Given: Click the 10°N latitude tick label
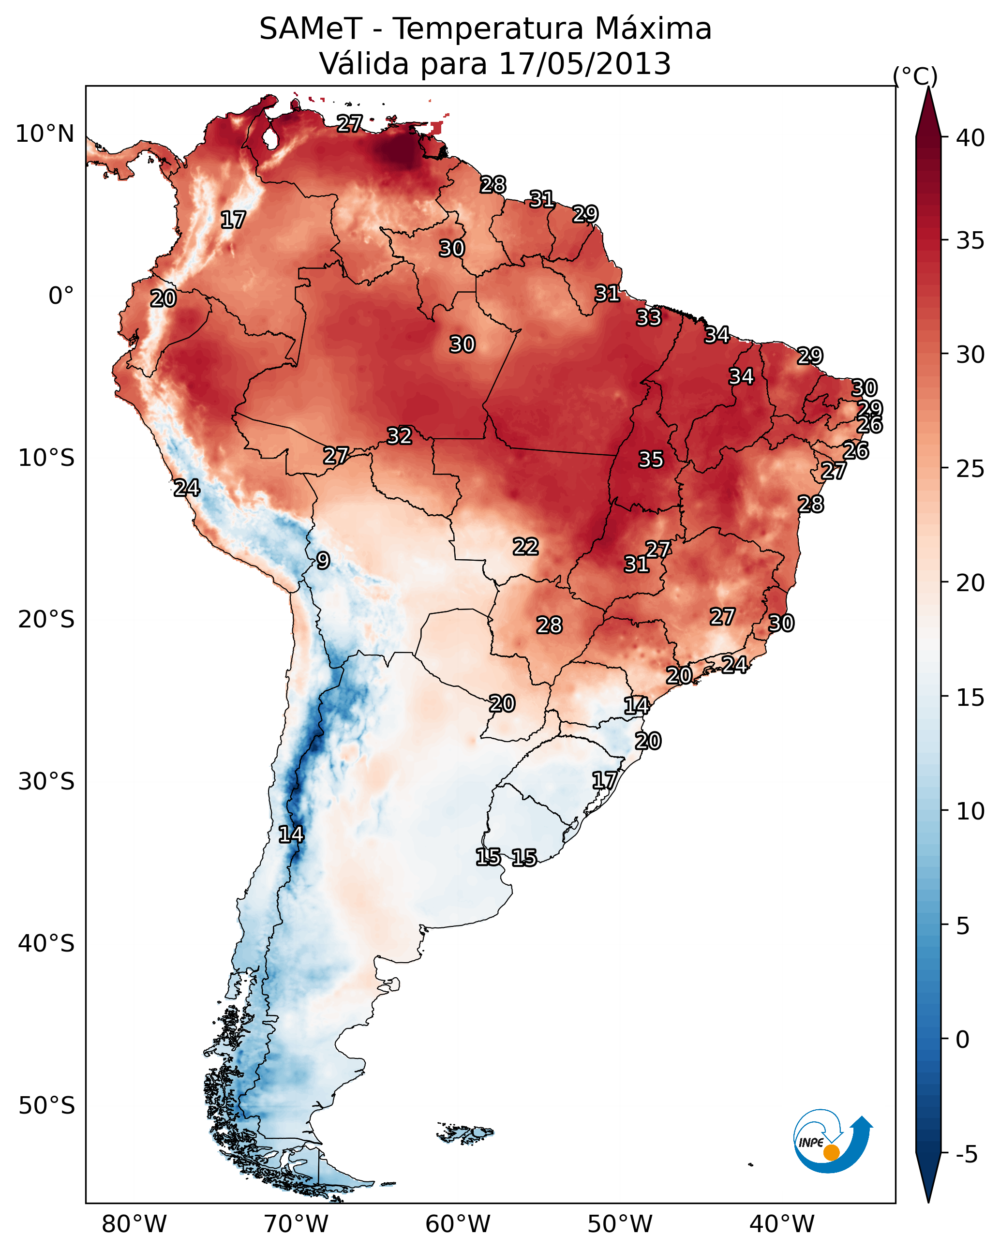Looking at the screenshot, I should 45,134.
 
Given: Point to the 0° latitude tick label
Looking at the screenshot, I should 61,296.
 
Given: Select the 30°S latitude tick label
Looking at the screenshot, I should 46,782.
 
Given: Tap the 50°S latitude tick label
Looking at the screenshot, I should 46,1106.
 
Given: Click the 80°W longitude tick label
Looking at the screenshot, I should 134,1224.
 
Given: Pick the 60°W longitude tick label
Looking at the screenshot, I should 458,1224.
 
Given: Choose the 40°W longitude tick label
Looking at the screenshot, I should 782,1224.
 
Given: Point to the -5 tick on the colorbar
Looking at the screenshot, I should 966,1155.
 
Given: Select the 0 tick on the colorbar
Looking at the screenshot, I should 962,1040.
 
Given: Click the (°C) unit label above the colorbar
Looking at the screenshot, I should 915,76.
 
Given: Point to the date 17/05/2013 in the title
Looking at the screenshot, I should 584,64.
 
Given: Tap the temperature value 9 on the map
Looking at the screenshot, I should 323,561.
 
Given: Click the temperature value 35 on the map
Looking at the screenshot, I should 651,460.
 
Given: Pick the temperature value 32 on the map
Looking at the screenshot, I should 399,436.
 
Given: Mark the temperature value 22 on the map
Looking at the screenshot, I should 525,547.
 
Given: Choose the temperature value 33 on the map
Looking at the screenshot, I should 648,317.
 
